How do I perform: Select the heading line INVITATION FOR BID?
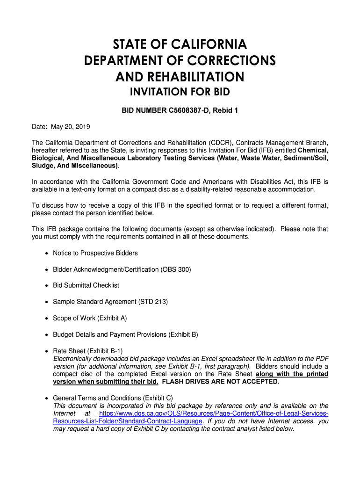(x=180, y=92)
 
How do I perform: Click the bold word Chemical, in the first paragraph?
(x=313, y=150)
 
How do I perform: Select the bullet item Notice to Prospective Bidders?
(x=95, y=253)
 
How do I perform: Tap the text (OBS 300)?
(x=176, y=269)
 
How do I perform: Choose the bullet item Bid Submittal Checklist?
(x=86, y=285)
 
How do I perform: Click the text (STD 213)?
(x=153, y=302)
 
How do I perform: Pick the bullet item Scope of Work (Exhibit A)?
(x=90, y=318)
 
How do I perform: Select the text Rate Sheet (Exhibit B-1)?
(x=88, y=351)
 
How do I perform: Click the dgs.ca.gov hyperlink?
(x=214, y=414)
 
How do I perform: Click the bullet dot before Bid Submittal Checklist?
(x=46, y=286)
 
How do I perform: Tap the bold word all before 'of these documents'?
(x=186, y=237)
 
